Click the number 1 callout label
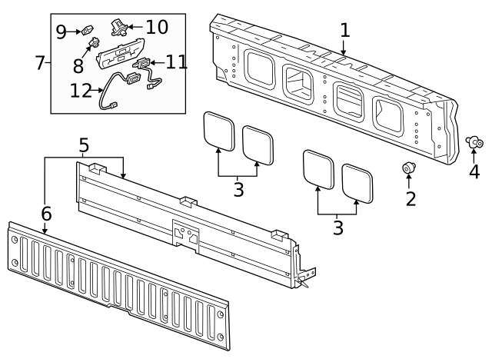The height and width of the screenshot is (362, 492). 344,31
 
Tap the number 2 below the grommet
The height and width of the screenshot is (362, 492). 411,199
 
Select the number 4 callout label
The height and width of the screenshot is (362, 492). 474,171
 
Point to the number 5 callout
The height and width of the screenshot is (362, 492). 84,144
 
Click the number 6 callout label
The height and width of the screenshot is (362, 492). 45,213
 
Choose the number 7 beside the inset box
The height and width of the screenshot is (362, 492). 41,63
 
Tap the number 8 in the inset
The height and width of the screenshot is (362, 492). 78,67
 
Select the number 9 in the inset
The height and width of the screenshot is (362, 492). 61,32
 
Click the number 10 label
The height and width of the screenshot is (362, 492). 156,27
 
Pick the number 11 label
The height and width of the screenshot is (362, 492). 176,61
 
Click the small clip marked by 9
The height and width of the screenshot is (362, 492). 87,32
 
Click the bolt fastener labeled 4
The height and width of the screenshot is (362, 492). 474,142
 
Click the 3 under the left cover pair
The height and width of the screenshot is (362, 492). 238,190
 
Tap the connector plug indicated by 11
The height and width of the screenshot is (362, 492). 143,65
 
